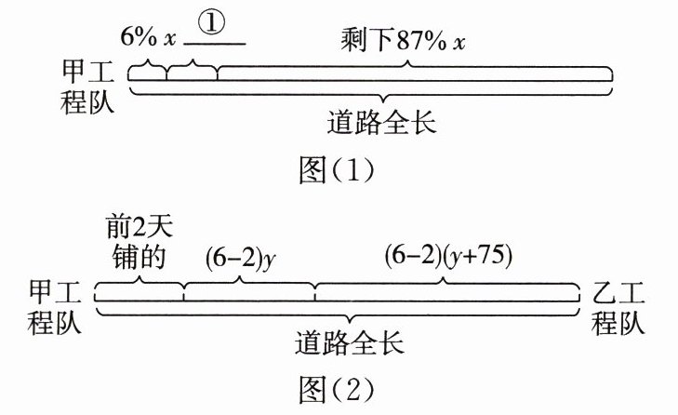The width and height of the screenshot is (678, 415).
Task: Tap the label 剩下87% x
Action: (x=403, y=41)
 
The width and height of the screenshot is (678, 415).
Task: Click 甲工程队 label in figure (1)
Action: (x=86, y=87)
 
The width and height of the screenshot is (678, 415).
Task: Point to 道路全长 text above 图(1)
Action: (x=381, y=122)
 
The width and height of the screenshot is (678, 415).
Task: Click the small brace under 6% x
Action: (x=149, y=68)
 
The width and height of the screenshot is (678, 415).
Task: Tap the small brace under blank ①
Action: (x=193, y=68)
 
